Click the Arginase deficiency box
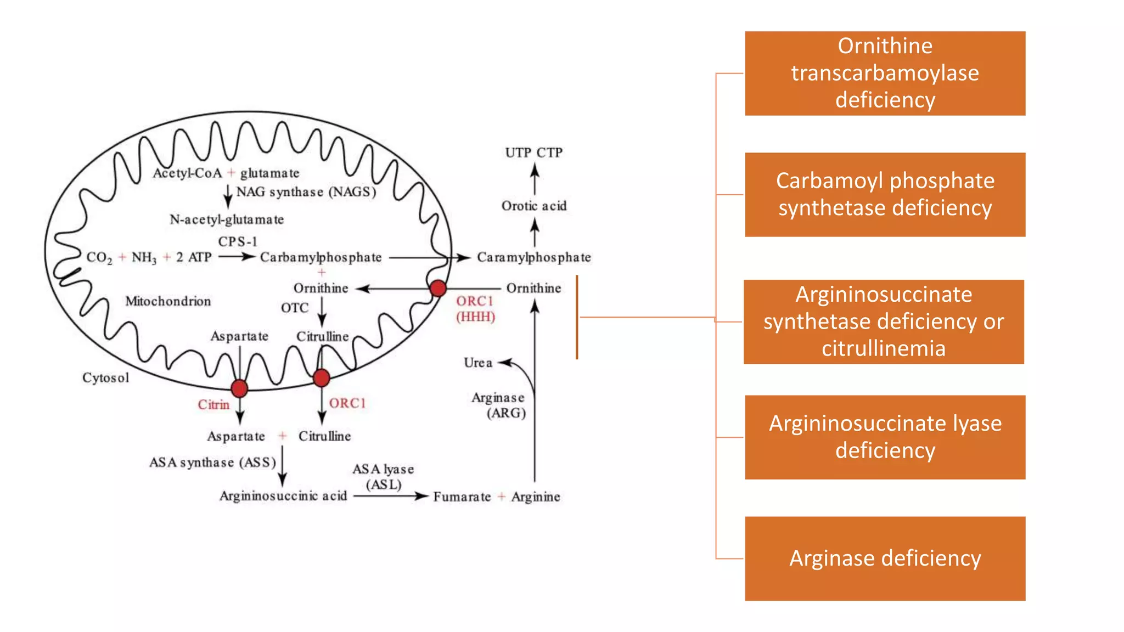click(885, 558)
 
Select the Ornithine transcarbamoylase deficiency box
click(885, 73)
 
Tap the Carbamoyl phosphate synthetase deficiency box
click(885, 194)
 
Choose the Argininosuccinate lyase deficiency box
click(885, 437)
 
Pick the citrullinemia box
click(884, 321)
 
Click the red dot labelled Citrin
click(239, 388)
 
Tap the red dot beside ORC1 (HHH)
click(438, 288)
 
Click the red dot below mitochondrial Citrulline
click(322, 377)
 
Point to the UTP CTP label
click(533, 153)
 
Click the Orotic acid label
click(533, 206)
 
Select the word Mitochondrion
click(168, 301)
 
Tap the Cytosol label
click(105, 377)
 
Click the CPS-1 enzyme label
click(237, 241)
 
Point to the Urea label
click(477, 363)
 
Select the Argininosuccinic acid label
click(283, 496)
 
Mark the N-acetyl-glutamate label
click(227, 219)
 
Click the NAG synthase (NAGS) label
click(306, 192)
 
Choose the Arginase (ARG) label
click(498, 405)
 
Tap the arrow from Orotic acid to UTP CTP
click(535, 179)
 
